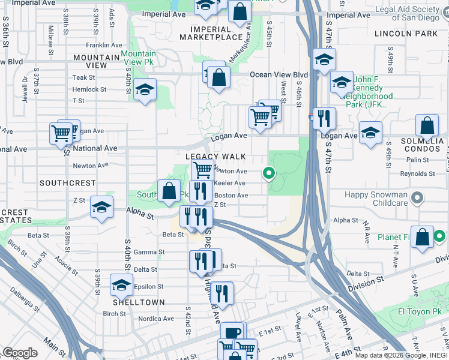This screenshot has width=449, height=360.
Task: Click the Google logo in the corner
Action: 19,353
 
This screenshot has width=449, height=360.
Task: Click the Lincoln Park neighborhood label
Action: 406,34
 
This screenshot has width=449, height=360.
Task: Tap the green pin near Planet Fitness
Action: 439,236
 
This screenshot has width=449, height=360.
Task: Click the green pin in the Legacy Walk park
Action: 269,174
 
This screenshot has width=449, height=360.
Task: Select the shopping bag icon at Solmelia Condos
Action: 426,126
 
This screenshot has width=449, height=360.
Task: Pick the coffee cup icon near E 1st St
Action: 232,333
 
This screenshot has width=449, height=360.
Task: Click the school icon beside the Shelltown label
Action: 121,286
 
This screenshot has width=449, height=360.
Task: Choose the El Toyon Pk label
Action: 420,312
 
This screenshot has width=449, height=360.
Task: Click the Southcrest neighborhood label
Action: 59,182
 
